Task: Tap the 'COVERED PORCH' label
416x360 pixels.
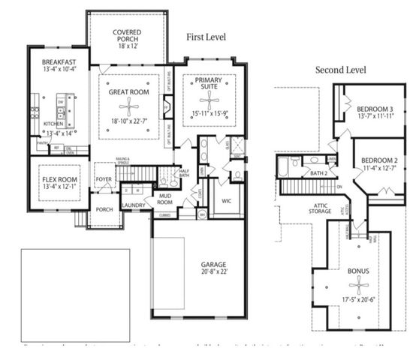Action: tap(128, 37)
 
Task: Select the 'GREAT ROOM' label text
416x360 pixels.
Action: tap(129, 92)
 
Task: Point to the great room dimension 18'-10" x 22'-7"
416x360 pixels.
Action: tap(129, 120)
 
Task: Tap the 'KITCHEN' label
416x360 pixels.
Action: tap(53, 124)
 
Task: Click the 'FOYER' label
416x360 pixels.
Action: tap(103, 179)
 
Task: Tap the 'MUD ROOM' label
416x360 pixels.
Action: tap(164, 199)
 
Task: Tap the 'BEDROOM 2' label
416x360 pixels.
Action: tap(378, 160)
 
